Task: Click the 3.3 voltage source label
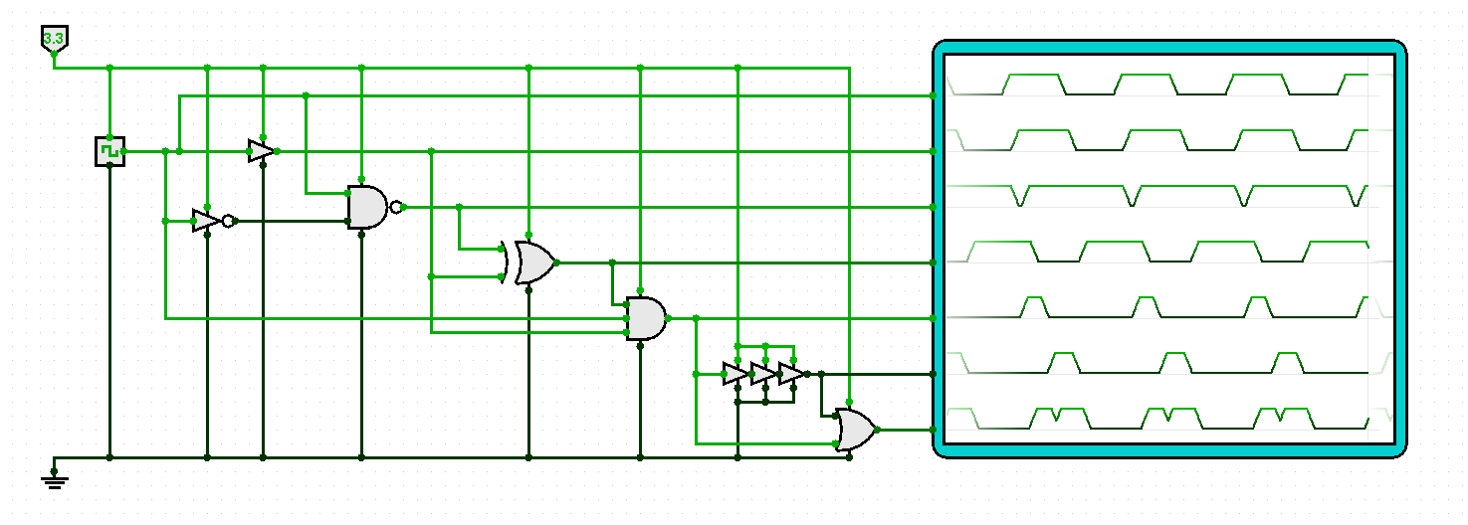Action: click(x=54, y=39)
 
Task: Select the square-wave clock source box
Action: click(x=109, y=151)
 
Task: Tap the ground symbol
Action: click(x=55, y=480)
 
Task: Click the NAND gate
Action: click(x=367, y=207)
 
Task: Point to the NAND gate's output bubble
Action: click(x=397, y=207)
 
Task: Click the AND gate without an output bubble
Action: click(x=646, y=318)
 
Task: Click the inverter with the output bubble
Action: click(x=206, y=221)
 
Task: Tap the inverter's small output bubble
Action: click(x=228, y=221)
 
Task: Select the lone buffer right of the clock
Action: click(x=260, y=151)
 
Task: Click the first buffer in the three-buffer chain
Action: click(x=734, y=374)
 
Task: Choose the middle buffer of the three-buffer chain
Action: click(x=762, y=374)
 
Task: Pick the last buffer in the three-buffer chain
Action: click(x=790, y=374)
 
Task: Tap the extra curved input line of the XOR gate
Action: click(x=505, y=262)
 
